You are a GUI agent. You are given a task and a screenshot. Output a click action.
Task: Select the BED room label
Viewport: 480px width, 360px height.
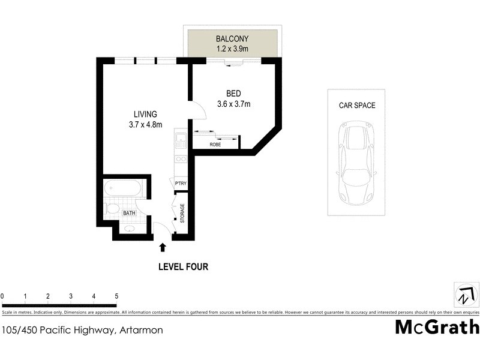coord(233,94)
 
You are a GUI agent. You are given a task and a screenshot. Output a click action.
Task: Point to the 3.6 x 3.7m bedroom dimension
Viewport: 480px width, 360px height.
coord(233,104)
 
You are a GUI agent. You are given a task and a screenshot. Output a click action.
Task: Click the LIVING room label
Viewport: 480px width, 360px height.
coord(145,114)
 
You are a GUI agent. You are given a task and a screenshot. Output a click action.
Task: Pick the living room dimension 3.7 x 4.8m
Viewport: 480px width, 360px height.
coord(145,125)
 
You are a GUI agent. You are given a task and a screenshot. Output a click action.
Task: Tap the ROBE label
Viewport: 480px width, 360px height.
coord(214,145)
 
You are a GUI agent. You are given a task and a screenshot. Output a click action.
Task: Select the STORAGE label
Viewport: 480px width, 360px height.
coord(182,214)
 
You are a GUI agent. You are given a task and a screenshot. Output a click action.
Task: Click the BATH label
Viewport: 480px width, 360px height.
coord(129,213)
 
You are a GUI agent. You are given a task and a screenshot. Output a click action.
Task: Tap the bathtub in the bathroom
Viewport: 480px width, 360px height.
coord(123,190)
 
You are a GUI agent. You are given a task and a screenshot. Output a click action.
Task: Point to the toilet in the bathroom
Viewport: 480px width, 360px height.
coord(112,209)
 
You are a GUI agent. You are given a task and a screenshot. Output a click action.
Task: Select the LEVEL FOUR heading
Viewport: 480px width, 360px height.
coord(183,267)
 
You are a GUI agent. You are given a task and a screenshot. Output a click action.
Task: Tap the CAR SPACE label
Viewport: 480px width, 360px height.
coord(356,106)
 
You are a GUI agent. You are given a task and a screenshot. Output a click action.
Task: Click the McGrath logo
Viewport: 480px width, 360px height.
coord(437,327)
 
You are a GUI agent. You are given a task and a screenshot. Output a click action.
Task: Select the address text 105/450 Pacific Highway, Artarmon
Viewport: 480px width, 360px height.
coord(82,329)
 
